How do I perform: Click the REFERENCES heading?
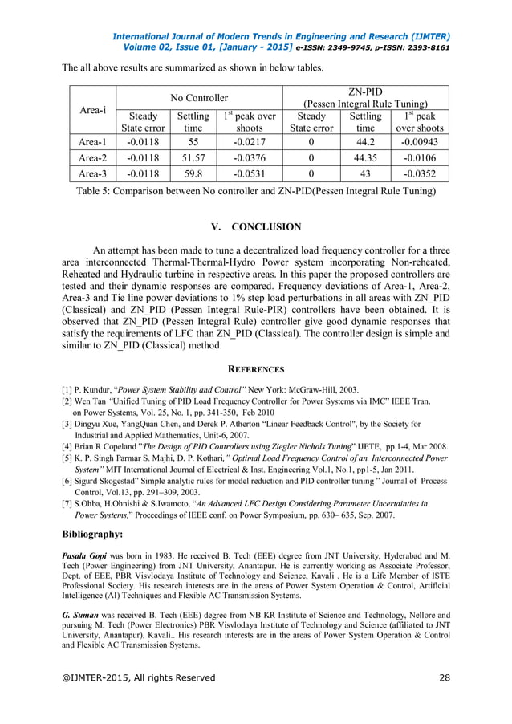click(256, 369)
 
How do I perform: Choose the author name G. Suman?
click(83, 613)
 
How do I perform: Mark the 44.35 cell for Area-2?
click(365, 157)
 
